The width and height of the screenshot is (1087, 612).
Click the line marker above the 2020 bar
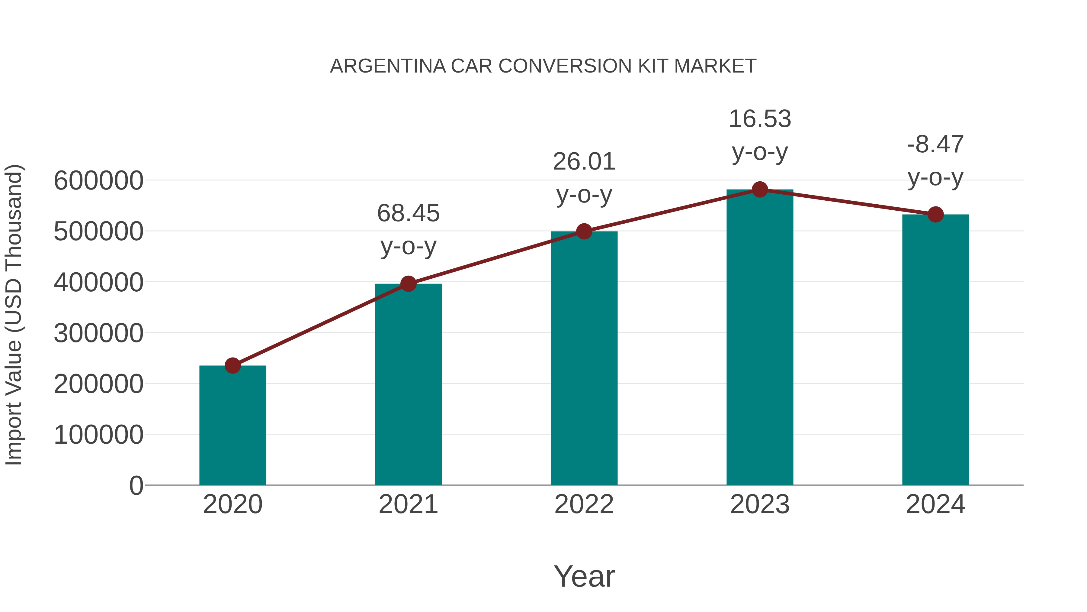(x=232, y=365)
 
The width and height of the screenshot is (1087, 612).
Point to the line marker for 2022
(x=584, y=232)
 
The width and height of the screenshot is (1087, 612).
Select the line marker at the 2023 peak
(x=760, y=189)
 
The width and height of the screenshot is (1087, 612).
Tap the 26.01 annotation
(x=584, y=161)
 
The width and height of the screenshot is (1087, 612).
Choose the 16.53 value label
(x=760, y=119)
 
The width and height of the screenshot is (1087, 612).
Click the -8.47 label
(x=935, y=144)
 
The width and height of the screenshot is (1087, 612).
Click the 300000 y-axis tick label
(x=98, y=333)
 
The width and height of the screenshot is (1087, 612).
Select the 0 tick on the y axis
(x=136, y=485)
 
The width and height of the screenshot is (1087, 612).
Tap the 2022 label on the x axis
(x=584, y=504)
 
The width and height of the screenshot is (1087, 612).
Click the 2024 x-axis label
(x=935, y=504)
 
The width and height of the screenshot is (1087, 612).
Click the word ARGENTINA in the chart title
(x=388, y=66)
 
